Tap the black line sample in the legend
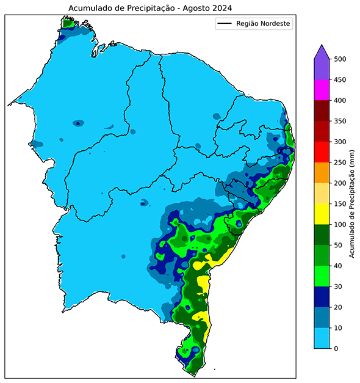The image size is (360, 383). point(225,24)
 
